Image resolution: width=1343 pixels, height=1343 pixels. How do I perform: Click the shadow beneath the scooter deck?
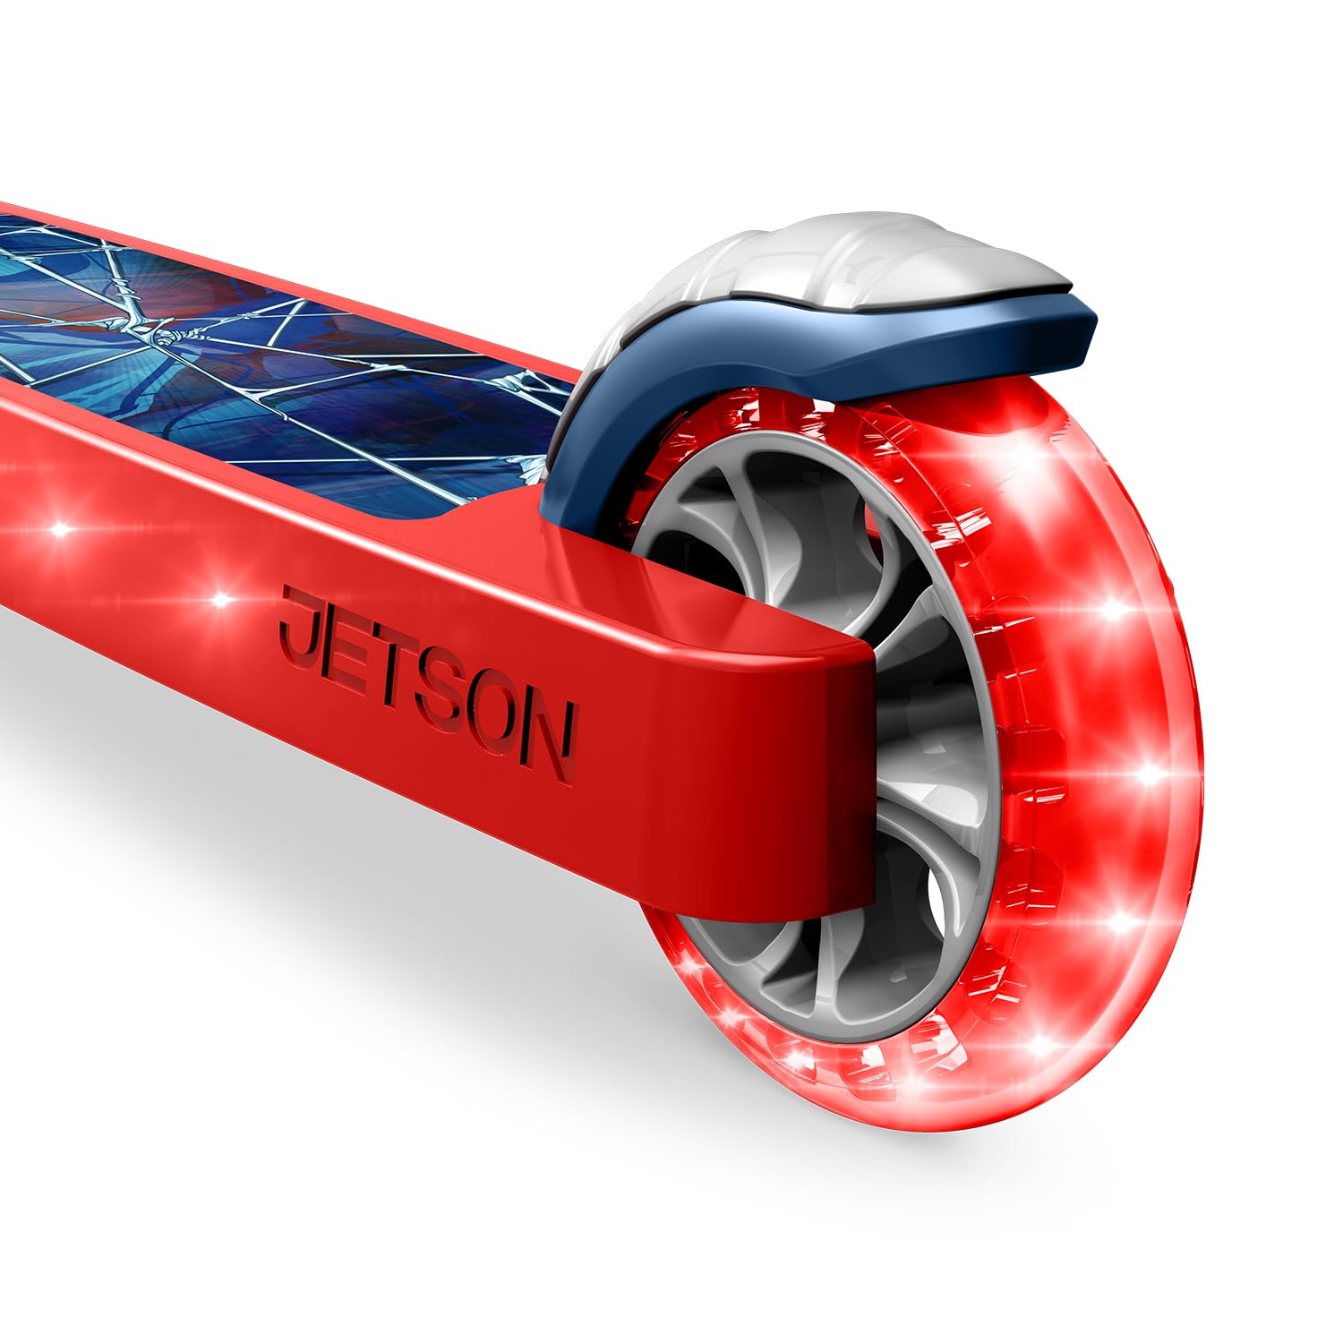pos(358,895)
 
